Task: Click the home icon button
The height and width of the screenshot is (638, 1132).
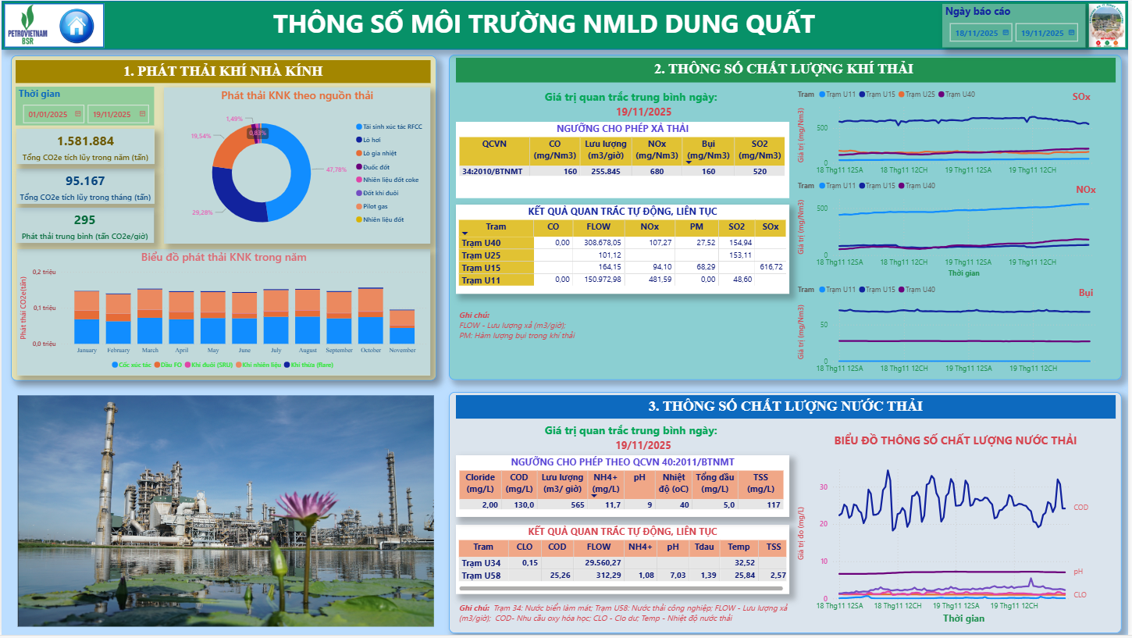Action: coord(76,25)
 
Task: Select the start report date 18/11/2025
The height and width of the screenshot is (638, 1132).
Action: coord(977,33)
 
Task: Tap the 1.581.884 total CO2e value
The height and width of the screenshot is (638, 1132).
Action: coord(86,141)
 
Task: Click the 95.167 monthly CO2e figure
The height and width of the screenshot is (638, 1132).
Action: coord(85,181)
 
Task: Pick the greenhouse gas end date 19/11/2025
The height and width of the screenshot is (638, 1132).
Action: coord(117,114)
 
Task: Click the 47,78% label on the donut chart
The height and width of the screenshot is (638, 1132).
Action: coord(336,169)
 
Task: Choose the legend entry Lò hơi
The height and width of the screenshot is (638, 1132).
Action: coord(371,140)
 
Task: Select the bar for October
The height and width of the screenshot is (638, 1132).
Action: coord(371,316)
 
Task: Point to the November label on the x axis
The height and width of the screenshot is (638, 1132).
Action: coord(402,351)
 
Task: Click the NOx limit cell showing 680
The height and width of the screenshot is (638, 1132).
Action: coord(656,171)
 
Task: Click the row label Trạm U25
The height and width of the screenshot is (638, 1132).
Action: coord(481,255)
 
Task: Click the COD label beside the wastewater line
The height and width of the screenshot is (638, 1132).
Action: coord(1081,508)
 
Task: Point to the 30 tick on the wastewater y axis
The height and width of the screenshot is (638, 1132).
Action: coord(823,487)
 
